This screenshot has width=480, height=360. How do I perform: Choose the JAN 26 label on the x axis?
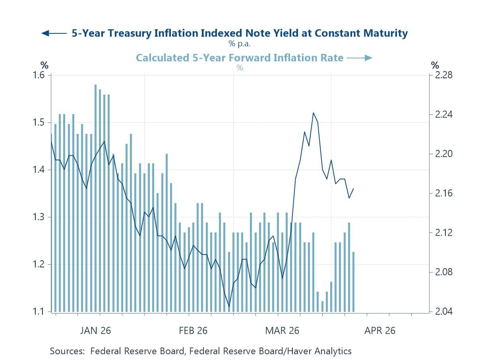(x=95, y=331)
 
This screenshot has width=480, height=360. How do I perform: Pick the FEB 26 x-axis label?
(x=193, y=331)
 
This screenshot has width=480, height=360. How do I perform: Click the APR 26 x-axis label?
(x=380, y=331)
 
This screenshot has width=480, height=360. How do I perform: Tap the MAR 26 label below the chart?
(x=283, y=331)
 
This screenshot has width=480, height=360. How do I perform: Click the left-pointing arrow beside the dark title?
(x=54, y=33)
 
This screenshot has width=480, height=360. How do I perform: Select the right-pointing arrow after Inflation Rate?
(x=359, y=58)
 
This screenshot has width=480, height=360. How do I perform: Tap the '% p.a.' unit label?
(x=239, y=43)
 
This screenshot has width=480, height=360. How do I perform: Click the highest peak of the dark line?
(x=313, y=113)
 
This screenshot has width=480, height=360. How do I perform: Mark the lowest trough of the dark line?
(x=229, y=306)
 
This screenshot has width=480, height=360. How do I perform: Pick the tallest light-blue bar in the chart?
(x=95, y=198)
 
